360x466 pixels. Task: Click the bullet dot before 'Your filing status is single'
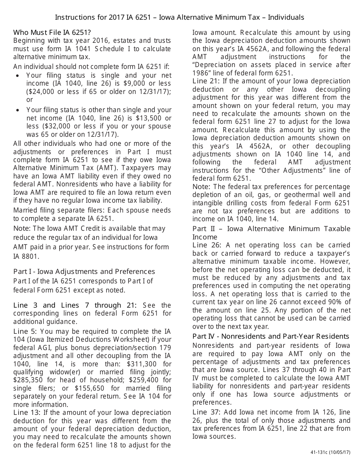(18, 75)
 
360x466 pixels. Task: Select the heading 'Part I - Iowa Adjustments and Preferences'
(84, 272)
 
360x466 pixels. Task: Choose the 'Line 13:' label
(27, 413)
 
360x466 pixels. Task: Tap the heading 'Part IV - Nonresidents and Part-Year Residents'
(271, 336)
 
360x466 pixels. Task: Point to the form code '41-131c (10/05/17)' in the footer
(330, 453)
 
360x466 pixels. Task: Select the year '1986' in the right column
(202, 73)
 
